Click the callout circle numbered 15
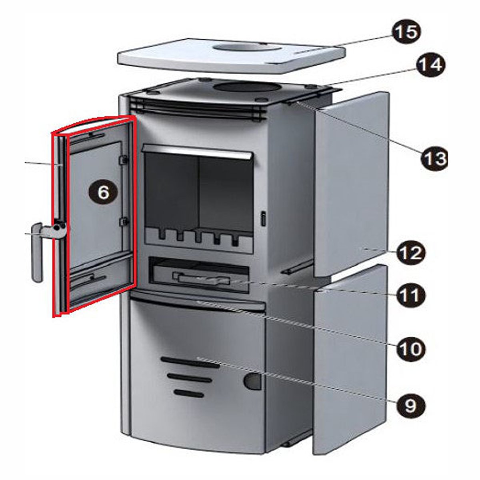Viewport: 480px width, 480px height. click(x=406, y=32)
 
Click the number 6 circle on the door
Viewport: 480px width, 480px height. click(x=103, y=192)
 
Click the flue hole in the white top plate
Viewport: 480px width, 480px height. click(x=247, y=46)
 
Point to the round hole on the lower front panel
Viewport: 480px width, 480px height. click(x=252, y=381)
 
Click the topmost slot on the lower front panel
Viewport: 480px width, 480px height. click(x=190, y=362)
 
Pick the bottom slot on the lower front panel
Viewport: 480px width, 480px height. click(x=189, y=394)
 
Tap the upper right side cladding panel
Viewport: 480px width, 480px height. click(x=351, y=184)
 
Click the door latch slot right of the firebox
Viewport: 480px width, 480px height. click(x=263, y=218)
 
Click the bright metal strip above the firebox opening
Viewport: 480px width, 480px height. click(x=197, y=152)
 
